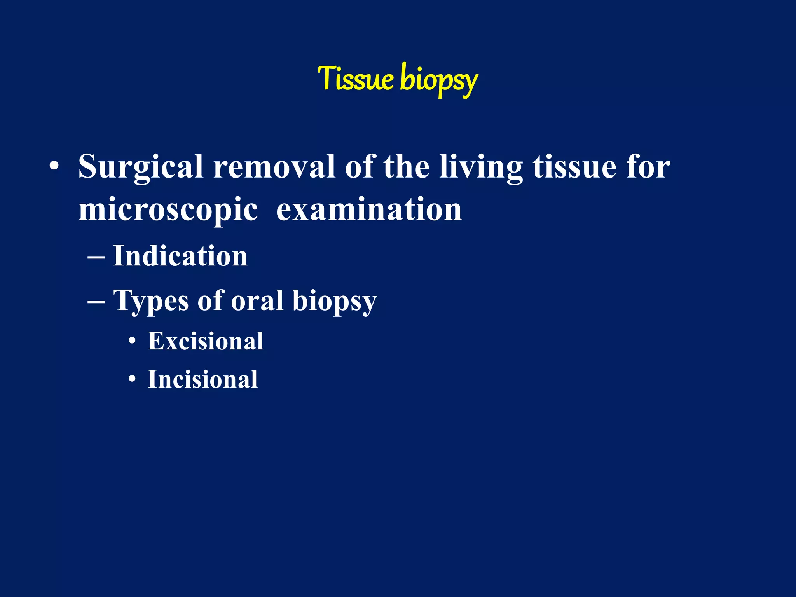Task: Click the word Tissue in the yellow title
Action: click(x=356, y=79)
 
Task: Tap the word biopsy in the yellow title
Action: click(x=438, y=80)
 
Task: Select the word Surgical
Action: click(x=141, y=167)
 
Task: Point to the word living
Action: click(x=481, y=167)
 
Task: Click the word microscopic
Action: click(x=168, y=210)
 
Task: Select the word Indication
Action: click(x=180, y=256)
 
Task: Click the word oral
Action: click(x=257, y=300)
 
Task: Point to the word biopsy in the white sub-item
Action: click(x=334, y=302)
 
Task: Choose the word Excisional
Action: click(x=206, y=341)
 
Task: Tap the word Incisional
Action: click(x=202, y=379)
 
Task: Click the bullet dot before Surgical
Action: click(x=54, y=167)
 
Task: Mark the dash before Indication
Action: click(x=96, y=257)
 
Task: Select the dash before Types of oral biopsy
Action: click(x=96, y=302)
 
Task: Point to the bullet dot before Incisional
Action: click(x=133, y=379)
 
